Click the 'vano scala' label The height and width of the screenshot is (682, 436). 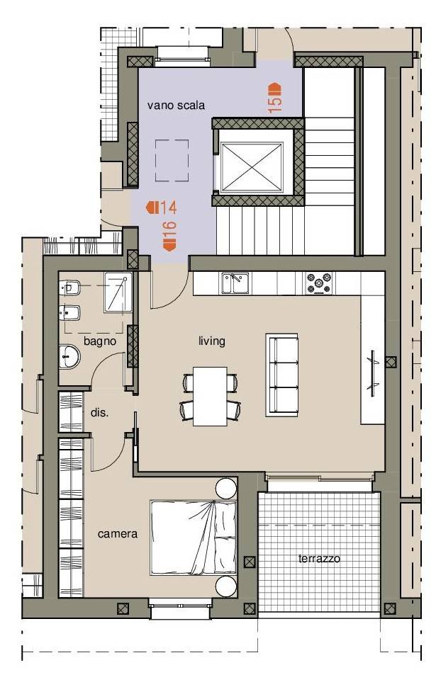pyautogui.click(x=176, y=106)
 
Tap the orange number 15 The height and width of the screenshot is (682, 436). pyautogui.click(x=275, y=105)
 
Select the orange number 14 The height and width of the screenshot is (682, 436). pyautogui.click(x=168, y=208)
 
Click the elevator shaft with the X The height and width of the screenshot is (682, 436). pyautogui.click(x=252, y=167)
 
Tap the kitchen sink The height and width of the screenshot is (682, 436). pyautogui.click(x=235, y=283)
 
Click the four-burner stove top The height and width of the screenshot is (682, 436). pyautogui.click(x=318, y=283)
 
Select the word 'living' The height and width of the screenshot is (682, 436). pyautogui.click(x=212, y=341)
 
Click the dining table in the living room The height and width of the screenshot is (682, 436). pyautogui.click(x=210, y=396)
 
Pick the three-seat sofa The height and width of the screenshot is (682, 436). pyautogui.click(x=282, y=375)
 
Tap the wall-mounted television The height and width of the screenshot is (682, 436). pyautogui.click(x=373, y=373)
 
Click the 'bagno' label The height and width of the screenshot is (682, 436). pyautogui.click(x=100, y=341)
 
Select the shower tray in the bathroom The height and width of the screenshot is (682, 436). pyautogui.click(x=118, y=292)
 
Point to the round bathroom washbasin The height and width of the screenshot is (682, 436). pyautogui.click(x=69, y=357)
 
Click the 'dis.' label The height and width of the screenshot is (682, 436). pyautogui.click(x=99, y=412)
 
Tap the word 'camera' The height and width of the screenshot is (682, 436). pyautogui.click(x=118, y=534)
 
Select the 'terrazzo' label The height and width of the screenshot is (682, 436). pyautogui.click(x=319, y=559)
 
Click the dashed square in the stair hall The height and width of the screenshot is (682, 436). pyautogui.click(x=172, y=160)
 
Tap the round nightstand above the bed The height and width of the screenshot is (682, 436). pyautogui.click(x=226, y=489)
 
